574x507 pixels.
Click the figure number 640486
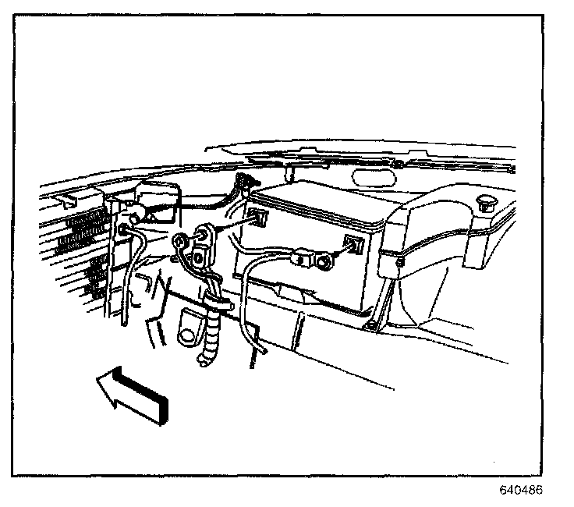point(520,491)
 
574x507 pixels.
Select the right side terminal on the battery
point(353,245)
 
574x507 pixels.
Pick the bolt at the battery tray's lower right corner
point(373,321)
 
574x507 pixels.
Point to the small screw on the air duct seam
point(399,263)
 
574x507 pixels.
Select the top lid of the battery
point(320,203)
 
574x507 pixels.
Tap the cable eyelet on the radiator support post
point(125,229)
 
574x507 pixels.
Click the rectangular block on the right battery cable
point(302,256)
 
